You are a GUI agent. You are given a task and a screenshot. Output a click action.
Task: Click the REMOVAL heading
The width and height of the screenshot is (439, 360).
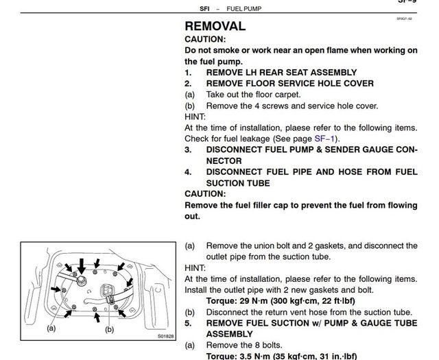pos(215,27)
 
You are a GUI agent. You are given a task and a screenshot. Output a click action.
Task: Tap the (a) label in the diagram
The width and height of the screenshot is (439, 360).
pos(51,328)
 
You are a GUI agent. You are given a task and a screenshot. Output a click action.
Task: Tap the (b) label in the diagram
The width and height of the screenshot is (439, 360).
pos(108,330)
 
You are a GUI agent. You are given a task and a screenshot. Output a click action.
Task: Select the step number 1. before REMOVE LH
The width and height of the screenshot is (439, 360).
pos(189,72)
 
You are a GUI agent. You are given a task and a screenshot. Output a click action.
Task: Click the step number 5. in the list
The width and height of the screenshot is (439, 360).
pos(189,322)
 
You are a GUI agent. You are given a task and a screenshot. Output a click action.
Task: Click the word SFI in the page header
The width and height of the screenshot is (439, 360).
pos(204,8)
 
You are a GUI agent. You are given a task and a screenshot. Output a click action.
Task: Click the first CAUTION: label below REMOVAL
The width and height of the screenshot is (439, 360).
pos(206,39)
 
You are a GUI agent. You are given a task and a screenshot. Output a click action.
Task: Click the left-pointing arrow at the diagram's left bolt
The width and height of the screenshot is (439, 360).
pos(56,289)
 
